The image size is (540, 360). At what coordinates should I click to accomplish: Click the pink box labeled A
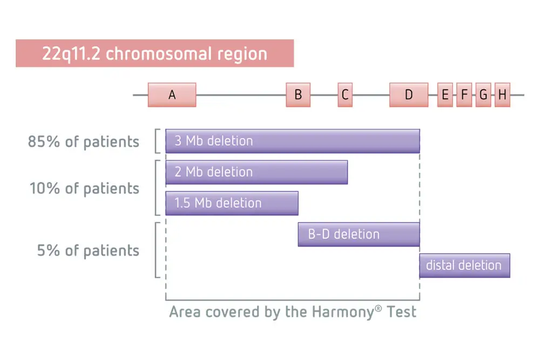point(172,94)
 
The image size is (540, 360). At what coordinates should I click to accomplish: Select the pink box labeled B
point(298,94)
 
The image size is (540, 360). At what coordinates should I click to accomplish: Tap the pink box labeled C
point(345,94)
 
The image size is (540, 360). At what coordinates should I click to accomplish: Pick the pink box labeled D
point(409,94)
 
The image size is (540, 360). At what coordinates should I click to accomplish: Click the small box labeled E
point(445,94)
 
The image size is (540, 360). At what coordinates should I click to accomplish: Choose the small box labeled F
point(464,94)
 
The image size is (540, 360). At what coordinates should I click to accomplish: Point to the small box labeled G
point(483,94)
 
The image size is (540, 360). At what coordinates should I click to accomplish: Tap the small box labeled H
point(502,94)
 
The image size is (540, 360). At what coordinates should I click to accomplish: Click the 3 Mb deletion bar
point(292,141)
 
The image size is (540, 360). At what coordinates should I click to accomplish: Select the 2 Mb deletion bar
point(256,172)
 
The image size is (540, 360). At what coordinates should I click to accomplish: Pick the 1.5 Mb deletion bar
point(232,203)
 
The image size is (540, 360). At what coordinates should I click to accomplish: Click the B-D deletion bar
point(359,234)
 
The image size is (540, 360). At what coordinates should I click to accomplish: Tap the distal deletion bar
point(464,266)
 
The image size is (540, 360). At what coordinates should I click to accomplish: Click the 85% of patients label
point(84,141)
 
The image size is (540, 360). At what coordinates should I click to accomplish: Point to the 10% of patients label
point(84,188)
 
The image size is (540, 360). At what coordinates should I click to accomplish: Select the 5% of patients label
point(88,250)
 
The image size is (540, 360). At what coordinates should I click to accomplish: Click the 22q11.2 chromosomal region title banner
point(154,53)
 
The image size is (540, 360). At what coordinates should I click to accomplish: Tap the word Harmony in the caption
point(343,313)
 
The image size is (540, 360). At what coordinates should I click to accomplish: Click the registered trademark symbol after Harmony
point(378,308)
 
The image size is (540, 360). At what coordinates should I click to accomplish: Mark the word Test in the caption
point(402,312)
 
